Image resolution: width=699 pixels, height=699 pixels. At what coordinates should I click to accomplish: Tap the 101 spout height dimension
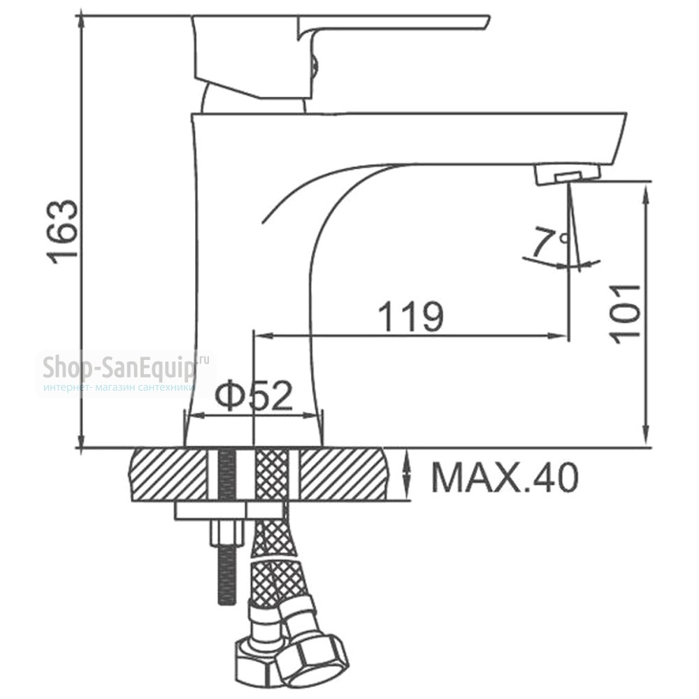click(x=625, y=314)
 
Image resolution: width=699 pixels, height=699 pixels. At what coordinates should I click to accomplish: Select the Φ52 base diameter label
click(x=254, y=396)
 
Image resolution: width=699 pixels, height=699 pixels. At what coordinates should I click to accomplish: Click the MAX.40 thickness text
click(x=505, y=477)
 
